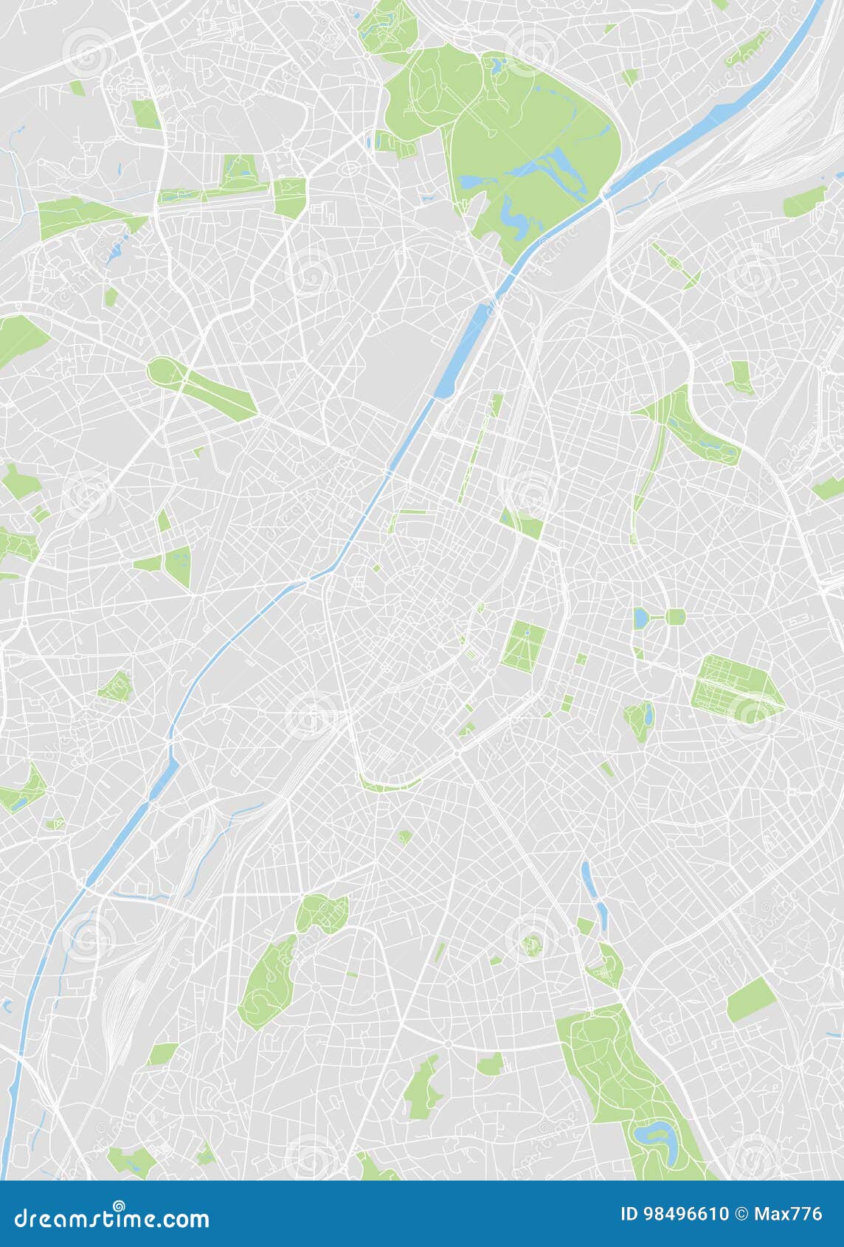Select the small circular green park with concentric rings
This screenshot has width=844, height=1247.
click(x=531, y=944)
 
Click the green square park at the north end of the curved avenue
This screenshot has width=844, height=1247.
click(x=290, y=196)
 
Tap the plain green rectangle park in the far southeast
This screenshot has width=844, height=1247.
click(x=751, y=1000)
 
